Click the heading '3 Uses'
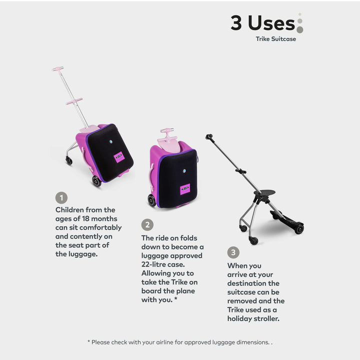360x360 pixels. [262, 22]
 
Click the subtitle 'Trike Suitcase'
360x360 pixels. [275, 39]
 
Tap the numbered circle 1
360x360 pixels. [61, 197]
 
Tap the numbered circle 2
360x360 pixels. [147, 225]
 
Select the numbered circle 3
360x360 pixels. [233, 252]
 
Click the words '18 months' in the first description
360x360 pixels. [99, 218]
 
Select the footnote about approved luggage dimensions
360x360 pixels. [180, 342]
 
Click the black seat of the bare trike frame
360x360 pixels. [264, 193]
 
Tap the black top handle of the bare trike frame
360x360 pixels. [209, 137]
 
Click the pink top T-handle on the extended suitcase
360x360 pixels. [57, 69]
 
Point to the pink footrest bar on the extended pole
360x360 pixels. [74, 101]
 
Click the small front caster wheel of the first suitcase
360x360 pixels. [69, 160]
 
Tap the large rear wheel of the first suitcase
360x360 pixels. [96, 181]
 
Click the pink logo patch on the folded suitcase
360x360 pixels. [185, 189]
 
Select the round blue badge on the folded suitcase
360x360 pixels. [184, 171]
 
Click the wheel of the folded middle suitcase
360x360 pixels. [152, 200]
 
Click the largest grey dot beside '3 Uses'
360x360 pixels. [300, 29]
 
